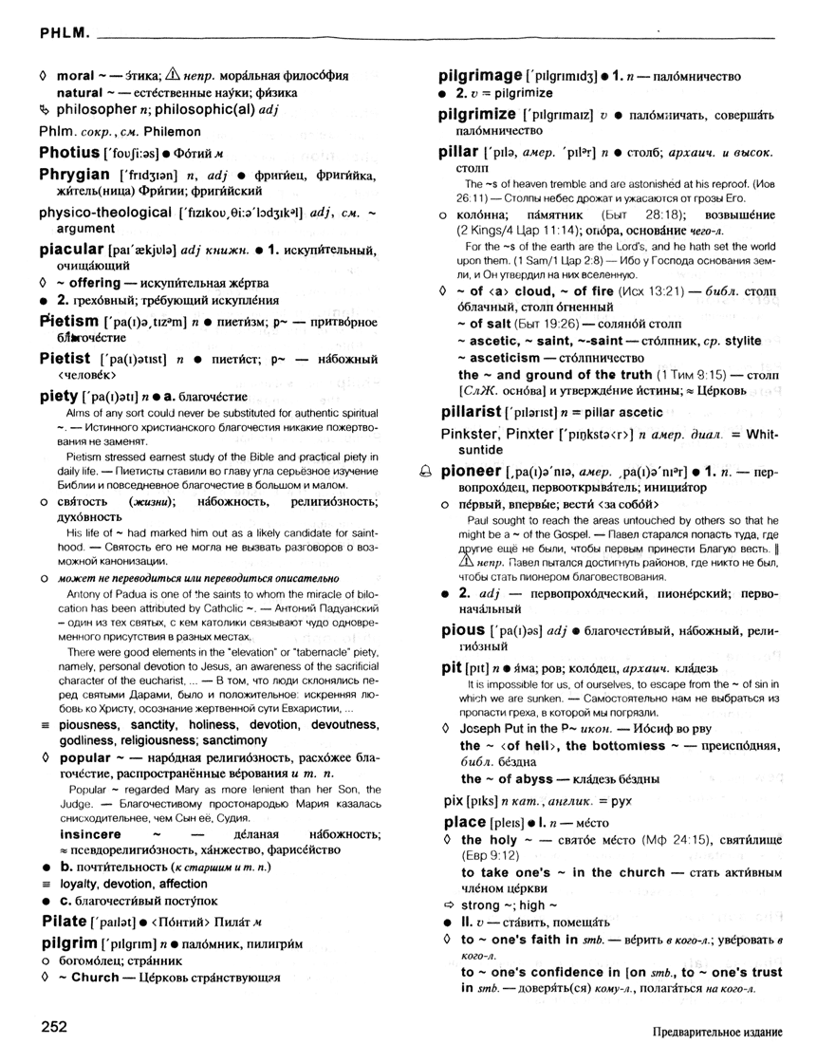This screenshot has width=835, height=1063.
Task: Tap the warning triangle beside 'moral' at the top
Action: (x=173, y=75)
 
